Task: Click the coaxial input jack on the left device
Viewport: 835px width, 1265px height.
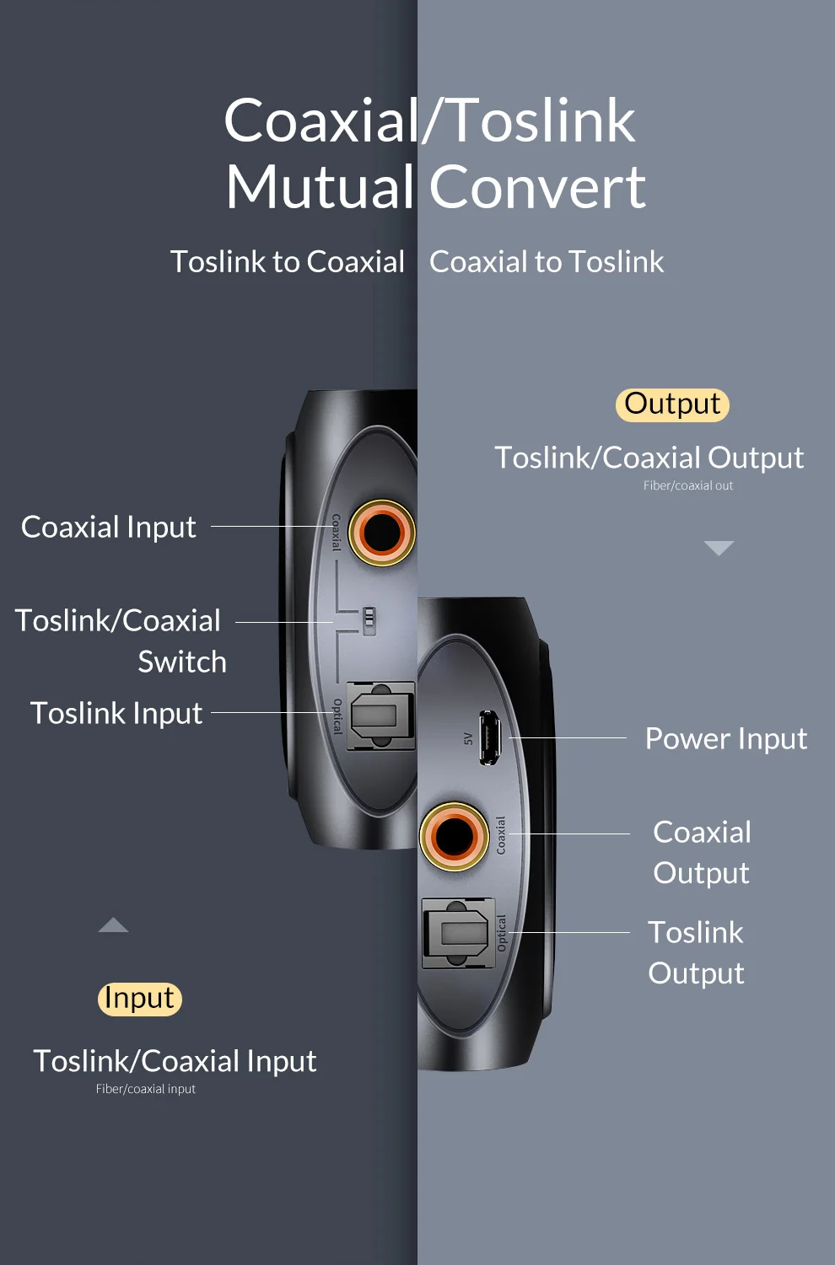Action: point(381,533)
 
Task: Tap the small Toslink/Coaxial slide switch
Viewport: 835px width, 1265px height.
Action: point(369,620)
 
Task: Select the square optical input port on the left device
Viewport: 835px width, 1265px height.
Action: point(381,716)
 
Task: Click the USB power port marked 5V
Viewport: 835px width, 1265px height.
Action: point(489,737)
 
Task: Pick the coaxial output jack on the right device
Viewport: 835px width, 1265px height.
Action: point(455,836)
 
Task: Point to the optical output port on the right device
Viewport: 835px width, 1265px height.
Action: point(457,933)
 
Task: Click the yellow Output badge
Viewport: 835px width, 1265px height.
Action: point(672,404)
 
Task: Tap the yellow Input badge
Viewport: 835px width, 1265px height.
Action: point(139,999)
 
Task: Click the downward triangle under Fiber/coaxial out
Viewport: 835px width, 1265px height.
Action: point(719,548)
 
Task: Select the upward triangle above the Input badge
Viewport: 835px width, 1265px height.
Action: point(113,925)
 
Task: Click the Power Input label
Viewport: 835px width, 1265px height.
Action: point(725,738)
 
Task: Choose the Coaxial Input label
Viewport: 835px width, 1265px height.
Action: point(109,527)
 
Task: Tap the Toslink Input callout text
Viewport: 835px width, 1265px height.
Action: point(116,713)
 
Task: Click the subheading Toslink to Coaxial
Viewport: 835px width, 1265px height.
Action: point(288,262)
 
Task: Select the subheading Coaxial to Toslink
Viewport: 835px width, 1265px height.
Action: point(547,262)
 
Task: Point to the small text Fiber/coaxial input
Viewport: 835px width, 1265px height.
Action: point(146,1089)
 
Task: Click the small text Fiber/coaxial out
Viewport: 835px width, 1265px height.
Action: point(688,485)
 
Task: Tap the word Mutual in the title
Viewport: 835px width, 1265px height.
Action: point(320,187)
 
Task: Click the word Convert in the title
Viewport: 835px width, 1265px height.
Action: point(537,187)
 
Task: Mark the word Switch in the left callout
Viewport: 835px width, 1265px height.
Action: point(182,662)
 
